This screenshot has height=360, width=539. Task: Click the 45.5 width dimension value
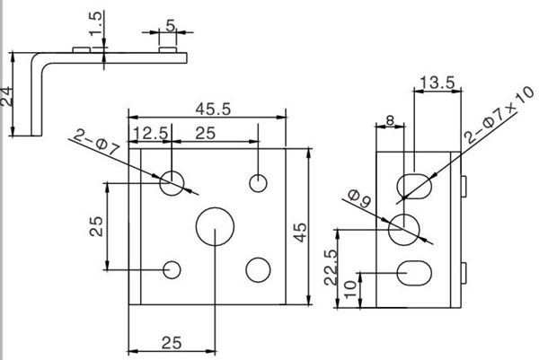pos(213,110)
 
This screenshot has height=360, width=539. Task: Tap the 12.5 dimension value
pos(151,133)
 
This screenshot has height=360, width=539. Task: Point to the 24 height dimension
pos(6,96)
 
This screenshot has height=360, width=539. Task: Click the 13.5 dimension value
pos(437,83)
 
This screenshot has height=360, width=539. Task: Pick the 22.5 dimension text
pos(331,268)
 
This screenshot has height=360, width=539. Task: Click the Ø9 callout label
pos(359,199)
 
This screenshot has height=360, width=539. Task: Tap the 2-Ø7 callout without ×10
pos(97,141)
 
